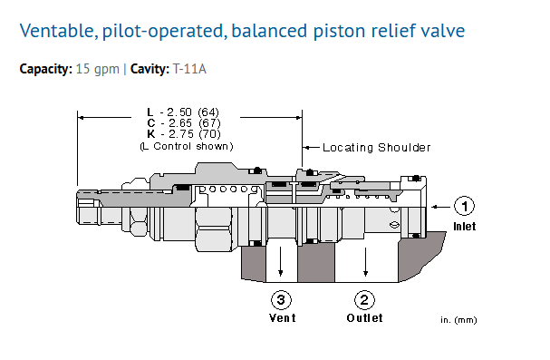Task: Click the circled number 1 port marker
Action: coord(464,206)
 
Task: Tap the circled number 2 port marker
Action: coord(364,300)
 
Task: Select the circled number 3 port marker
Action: coord(281,300)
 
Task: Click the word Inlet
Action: coord(465,227)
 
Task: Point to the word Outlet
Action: coord(364,318)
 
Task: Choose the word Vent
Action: coord(283,318)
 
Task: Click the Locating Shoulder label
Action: coord(376,148)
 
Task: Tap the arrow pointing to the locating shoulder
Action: coord(311,148)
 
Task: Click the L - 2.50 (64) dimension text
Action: coord(183,112)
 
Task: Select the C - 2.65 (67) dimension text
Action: coord(184,122)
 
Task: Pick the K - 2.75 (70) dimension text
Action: coord(184,133)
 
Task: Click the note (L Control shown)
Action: coord(187,146)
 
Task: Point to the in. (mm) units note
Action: coord(458,320)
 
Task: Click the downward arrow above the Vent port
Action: coord(281,261)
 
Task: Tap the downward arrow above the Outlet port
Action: coord(365,262)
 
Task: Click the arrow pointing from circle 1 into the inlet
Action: coord(441,207)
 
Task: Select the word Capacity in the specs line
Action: coord(46,69)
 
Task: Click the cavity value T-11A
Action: coord(189,68)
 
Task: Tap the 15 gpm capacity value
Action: coord(98,69)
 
